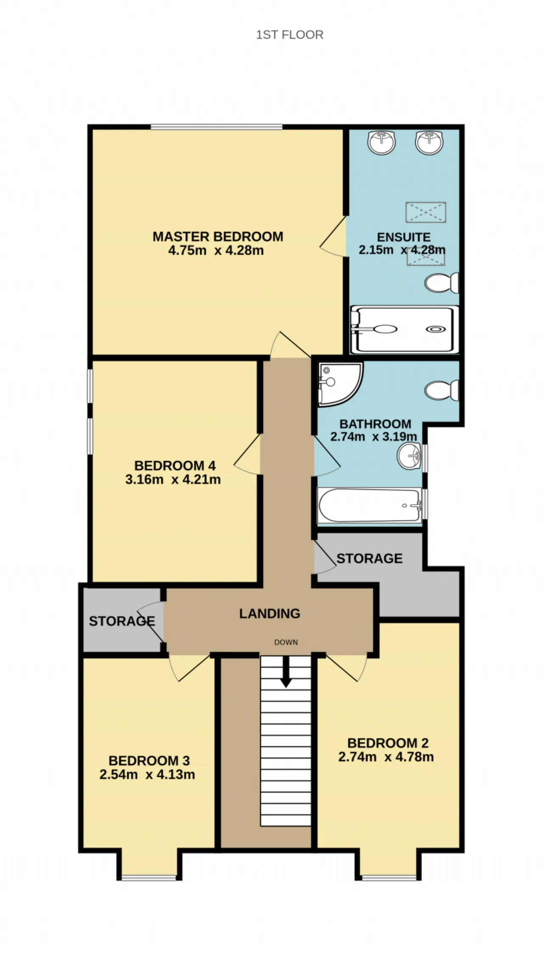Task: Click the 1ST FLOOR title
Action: [x=289, y=35]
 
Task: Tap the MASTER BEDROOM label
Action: [x=218, y=236]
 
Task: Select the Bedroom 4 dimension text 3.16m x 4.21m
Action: [x=173, y=480]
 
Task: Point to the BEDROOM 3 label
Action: [x=149, y=760]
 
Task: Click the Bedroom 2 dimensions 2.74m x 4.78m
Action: [x=386, y=757]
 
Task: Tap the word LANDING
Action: [x=270, y=613]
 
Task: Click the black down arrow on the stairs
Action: [x=286, y=672]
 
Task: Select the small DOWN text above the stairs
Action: [x=286, y=642]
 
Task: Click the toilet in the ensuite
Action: [x=442, y=283]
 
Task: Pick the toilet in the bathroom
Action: [x=442, y=390]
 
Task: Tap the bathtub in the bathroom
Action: [x=370, y=505]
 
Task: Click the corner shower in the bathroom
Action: [x=340, y=383]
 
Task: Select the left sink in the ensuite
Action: [x=382, y=142]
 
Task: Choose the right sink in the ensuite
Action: [x=429, y=142]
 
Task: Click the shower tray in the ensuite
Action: [x=405, y=329]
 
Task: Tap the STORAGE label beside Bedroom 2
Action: [x=369, y=558]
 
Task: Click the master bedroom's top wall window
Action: [x=216, y=127]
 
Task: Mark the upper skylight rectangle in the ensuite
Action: [x=426, y=212]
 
